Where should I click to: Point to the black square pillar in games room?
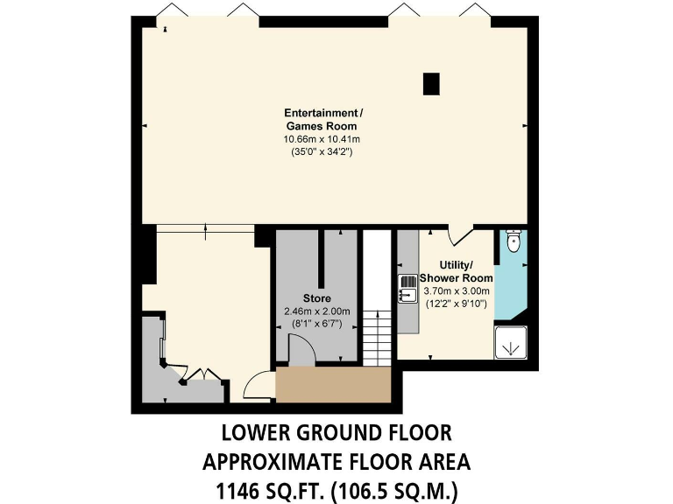tap(430, 83)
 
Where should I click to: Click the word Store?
tap(316, 298)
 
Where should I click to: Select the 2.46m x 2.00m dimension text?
tap(316, 311)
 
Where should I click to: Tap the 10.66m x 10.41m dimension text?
tap(321, 139)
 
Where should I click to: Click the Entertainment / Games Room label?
tap(321, 120)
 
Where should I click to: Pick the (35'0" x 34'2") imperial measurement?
tap(321, 151)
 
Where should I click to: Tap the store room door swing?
tap(303, 353)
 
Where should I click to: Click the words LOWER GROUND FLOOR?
tap(336, 432)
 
